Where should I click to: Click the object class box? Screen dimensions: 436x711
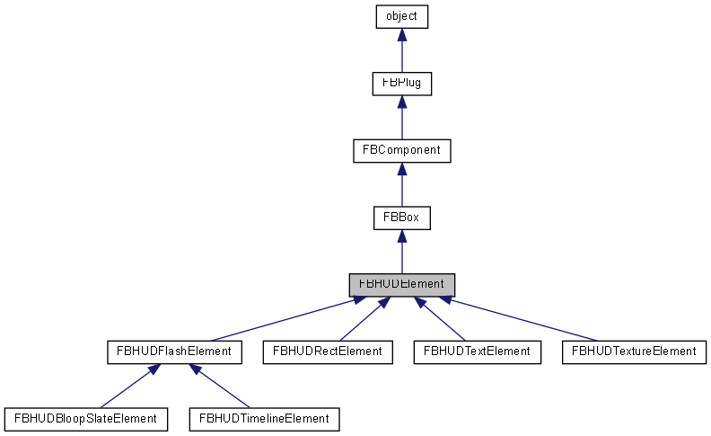click(401, 16)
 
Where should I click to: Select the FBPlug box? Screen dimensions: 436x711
click(401, 84)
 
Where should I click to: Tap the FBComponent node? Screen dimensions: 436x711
click(401, 150)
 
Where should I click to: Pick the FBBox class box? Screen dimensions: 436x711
click(401, 218)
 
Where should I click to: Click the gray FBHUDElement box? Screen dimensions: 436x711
click(401, 284)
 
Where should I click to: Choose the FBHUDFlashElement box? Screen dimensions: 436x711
click(174, 351)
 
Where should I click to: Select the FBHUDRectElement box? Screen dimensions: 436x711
click(328, 351)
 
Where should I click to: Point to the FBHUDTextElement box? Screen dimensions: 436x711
click(477, 351)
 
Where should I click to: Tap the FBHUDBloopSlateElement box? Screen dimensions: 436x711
click(86, 418)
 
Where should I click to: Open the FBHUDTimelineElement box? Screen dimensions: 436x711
click(264, 418)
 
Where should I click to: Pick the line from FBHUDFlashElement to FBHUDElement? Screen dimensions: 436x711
click(278, 320)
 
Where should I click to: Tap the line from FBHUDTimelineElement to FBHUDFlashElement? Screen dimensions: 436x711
click(220, 387)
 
